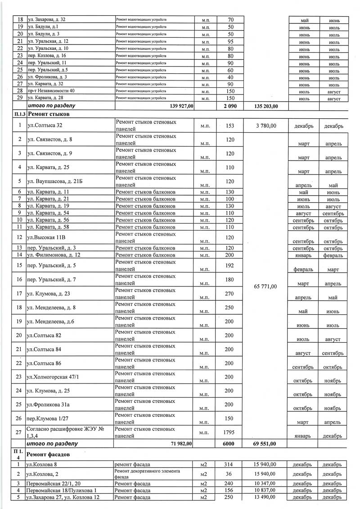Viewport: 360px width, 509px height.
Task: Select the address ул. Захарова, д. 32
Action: click(x=47, y=20)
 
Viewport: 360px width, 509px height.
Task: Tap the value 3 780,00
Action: click(x=265, y=126)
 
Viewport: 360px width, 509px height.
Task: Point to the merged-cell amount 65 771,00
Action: click(x=265, y=286)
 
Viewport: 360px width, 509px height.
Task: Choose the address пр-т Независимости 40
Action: click(x=51, y=91)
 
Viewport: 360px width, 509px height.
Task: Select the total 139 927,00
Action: click(x=176, y=106)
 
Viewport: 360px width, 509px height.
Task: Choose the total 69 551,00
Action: click(x=265, y=444)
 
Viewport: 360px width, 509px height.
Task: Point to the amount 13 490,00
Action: click(x=265, y=497)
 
